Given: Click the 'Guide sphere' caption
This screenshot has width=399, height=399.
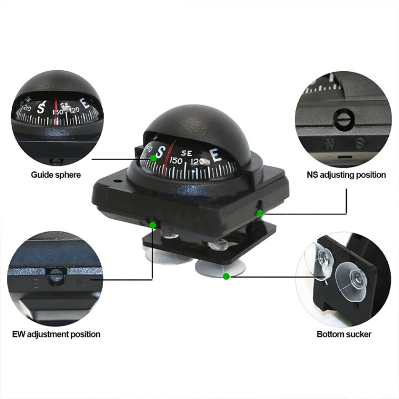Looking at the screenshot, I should (x=56, y=174).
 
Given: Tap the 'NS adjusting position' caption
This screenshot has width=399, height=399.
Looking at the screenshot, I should (x=346, y=174).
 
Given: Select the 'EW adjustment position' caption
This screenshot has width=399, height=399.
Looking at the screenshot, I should (x=56, y=334).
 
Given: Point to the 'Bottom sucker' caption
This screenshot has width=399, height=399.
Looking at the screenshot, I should (x=344, y=334).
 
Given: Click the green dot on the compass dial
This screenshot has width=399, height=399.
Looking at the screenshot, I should (x=153, y=158).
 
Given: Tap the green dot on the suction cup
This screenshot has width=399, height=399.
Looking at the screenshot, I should (x=226, y=276).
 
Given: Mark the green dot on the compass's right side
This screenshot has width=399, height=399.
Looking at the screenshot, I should (x=260, y=213).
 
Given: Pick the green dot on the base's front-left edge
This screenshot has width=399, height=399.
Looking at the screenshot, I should (x=153, y=225).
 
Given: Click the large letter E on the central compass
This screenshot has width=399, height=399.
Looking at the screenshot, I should (x=217, y=155).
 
